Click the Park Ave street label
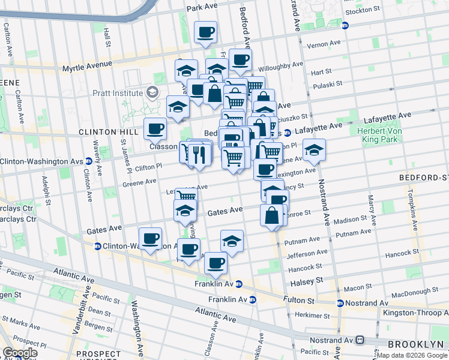(x=202, y=7)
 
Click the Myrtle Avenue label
(x=87, y=65)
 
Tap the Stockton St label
(x=363, y=10)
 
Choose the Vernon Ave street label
(x=324, y=46)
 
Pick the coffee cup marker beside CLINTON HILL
(x=155, y=128)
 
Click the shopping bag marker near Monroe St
(x=272, y=215)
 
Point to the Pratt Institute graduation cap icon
(x=152, y=92)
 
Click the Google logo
(x=19, y=353)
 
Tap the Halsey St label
(x=310, y=280)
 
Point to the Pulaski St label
(x=327, y=84)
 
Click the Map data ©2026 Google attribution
(x=412, y=355)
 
